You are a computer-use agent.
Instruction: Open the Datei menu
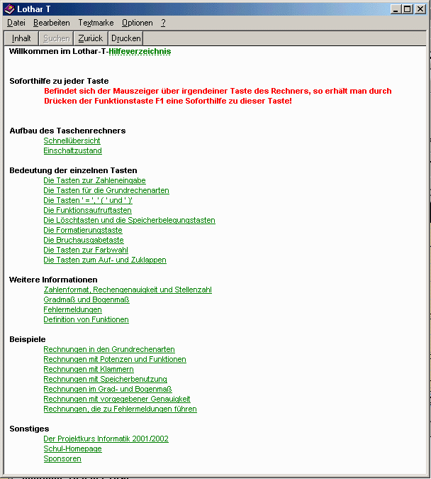pos(16,23)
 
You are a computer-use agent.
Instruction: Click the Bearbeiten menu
pos(51,23)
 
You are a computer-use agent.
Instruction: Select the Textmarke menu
pos(96,23)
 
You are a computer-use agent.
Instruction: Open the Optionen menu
pos(137,23)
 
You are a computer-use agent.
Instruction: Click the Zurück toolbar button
pos(90,38)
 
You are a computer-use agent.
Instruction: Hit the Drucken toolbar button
pos(126,38)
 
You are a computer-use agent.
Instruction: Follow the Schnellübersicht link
pos(72,141)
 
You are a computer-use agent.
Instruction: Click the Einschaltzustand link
pos(72,150)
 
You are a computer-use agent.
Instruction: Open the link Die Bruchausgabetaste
pos(84,240)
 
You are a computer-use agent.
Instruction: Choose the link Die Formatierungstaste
pos(82,230)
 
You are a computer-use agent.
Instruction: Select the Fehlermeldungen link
pos(72,309)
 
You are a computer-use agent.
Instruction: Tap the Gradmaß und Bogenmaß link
pos(86,299)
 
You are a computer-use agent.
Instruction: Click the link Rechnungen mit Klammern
pos(88,369)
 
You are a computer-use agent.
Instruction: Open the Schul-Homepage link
pos(72,448)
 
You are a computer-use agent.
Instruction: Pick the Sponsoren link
pos(62,458)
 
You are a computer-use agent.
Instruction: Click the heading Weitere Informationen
pos(53,280)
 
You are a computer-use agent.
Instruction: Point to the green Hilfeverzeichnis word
pos(140,51)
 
